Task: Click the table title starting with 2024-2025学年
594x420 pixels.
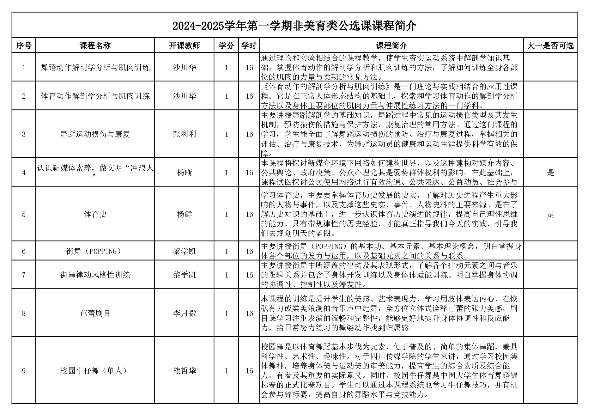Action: pos(294,26)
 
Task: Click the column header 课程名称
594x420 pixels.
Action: pos(95,45)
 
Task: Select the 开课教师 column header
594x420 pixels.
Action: pos(184,45)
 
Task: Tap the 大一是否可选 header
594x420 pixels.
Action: pos(550,45)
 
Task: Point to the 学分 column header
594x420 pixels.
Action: pos(226,45)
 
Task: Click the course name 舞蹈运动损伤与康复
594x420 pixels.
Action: pos(95,134)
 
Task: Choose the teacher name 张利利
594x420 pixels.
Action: pos(184,134)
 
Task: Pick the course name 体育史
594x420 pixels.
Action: pos(95,214)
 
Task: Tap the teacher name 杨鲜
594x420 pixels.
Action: pos(184,214)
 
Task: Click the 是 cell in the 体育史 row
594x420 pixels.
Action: pos(550,214)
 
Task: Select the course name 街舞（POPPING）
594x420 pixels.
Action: pos(95,251)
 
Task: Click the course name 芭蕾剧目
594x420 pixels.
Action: pos(95,313)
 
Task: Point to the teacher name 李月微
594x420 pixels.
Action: pos(184,313)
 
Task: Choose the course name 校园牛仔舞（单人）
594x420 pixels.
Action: pos(95,371)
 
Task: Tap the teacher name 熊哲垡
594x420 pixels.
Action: pos(184,371)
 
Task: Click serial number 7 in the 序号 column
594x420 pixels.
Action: pos(24,275)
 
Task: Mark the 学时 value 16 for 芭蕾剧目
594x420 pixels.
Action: pos(249,313)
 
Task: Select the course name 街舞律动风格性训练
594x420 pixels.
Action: pos(95,275)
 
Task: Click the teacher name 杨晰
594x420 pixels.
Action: pos(184,172)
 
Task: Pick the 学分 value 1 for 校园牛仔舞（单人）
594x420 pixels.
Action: pos(226,371)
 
